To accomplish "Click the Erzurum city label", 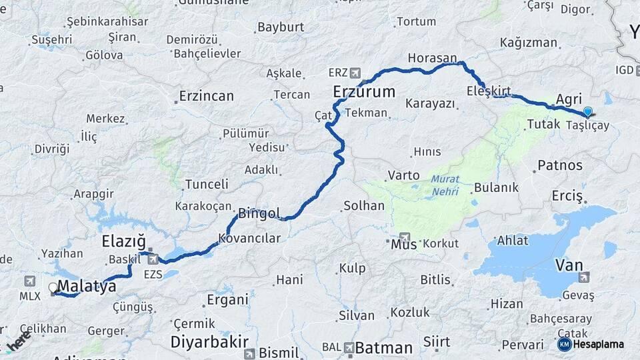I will [x=364, y=92].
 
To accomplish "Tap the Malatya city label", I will [x=87, y=287].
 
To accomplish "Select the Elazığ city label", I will [x=123, y=241].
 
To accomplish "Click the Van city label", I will [x=569, y=265].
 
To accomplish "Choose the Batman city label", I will [x=384, y=347].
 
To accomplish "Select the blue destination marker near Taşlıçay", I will [x=587, y=112].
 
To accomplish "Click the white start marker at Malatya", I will [x=53, y=288].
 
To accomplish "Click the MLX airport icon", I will [x=29, y=281].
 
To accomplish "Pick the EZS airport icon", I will [x=153, y=259].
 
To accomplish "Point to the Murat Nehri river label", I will [x=445, y=185].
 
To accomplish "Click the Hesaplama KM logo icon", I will [x=564, y=344].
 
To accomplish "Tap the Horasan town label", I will [x=432, y=58].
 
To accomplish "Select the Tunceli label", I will [x=207, y=183].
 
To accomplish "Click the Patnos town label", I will [x=560, y=165].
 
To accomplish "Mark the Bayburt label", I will [x=281, y=27].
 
